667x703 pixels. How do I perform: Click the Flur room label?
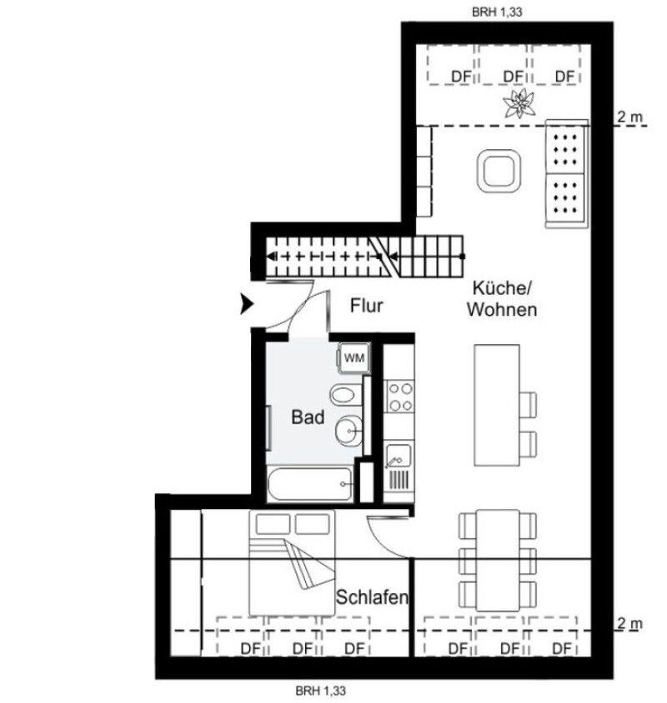point(366,306)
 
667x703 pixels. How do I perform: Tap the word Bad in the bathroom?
point(308,417)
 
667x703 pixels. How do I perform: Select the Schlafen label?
point(372,597)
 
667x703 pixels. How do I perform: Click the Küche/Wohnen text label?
point(502,298)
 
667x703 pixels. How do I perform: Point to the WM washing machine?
point(354,358)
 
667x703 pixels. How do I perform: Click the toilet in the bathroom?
point(346,395)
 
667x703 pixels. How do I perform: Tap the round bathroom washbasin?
point(349,431)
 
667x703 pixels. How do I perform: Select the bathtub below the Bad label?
point(309,484)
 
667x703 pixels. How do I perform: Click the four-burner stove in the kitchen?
point(400,396)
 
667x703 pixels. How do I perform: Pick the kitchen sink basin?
point(398,456)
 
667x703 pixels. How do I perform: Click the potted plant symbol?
point(519,103)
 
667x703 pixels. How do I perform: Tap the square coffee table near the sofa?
point(499,172)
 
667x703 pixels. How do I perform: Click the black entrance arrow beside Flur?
point(248,304)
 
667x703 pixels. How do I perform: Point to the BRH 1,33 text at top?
point(497,12)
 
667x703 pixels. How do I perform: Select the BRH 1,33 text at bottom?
point(321,691)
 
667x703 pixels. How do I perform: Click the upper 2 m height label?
point(629,117)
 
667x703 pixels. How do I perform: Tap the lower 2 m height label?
point(629,624)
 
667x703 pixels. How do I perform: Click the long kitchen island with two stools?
point(497,406)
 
